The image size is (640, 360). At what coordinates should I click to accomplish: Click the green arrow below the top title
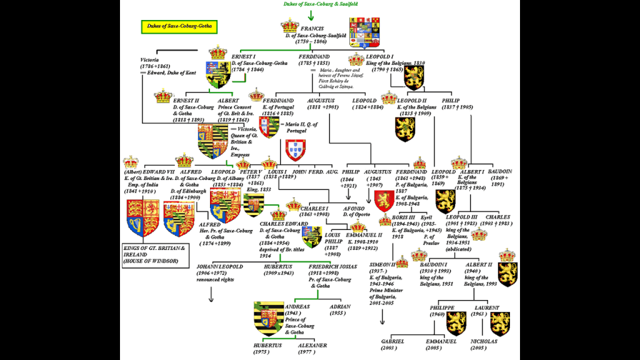coord(311,13)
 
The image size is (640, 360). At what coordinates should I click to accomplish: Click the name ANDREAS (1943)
coord(298,307)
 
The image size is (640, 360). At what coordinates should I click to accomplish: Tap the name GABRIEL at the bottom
coord(393,341)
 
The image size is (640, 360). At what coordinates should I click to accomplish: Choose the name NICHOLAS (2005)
coord(485,341)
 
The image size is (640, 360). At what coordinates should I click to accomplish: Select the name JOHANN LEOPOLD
coord(219,266)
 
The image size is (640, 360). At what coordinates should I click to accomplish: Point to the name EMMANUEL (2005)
coord(441,341)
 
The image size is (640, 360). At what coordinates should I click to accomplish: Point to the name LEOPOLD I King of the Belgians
coord(387,57)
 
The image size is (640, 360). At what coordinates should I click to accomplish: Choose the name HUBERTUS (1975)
coord(267,344)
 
